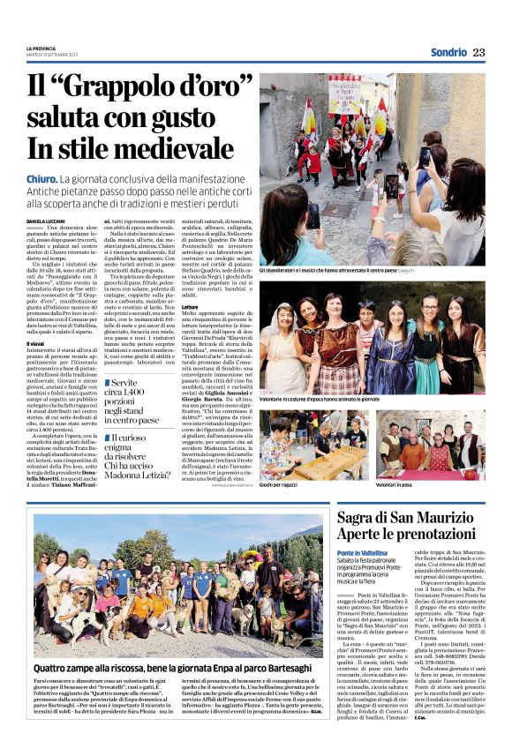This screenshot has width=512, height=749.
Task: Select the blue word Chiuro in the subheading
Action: click(41, 179)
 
